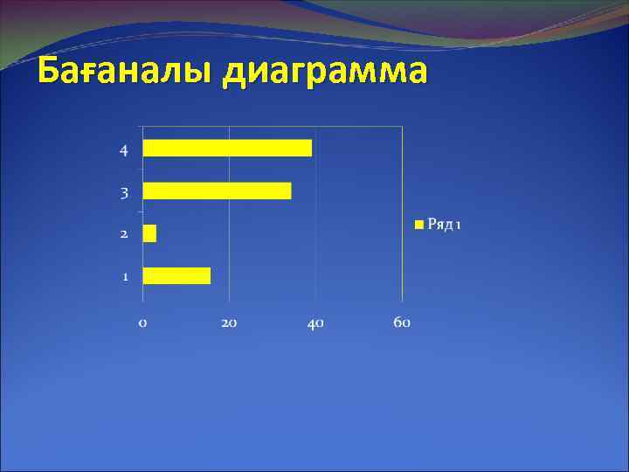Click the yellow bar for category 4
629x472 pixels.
[227, 148]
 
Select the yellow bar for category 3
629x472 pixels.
[217, 191]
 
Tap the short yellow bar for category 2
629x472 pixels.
[149, 233]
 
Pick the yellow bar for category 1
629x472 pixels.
[176, 275]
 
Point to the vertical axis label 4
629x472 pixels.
[124, 149]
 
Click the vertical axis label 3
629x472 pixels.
[124, 192]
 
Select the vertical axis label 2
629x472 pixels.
[124, 234]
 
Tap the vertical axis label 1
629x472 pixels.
[125, 277]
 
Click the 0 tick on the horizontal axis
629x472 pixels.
[142, 323]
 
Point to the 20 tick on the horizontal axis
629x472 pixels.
[229, 323]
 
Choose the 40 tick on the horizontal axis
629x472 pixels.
[315, 323]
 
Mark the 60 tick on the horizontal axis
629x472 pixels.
[402, 323]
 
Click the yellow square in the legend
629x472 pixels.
[418, 225]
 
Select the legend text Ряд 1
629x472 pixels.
[444, 225]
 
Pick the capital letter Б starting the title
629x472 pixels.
[50, 68]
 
